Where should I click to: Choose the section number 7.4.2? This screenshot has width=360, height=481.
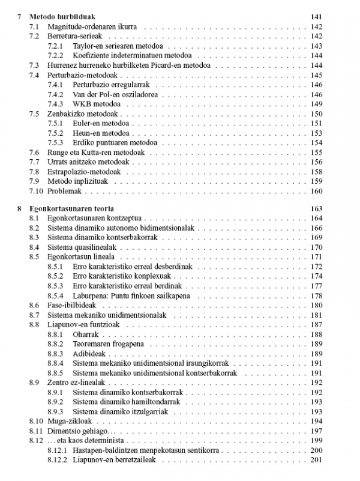click(x=55, y=94)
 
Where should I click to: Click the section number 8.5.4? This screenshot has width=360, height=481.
click(x=55, y=295)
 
